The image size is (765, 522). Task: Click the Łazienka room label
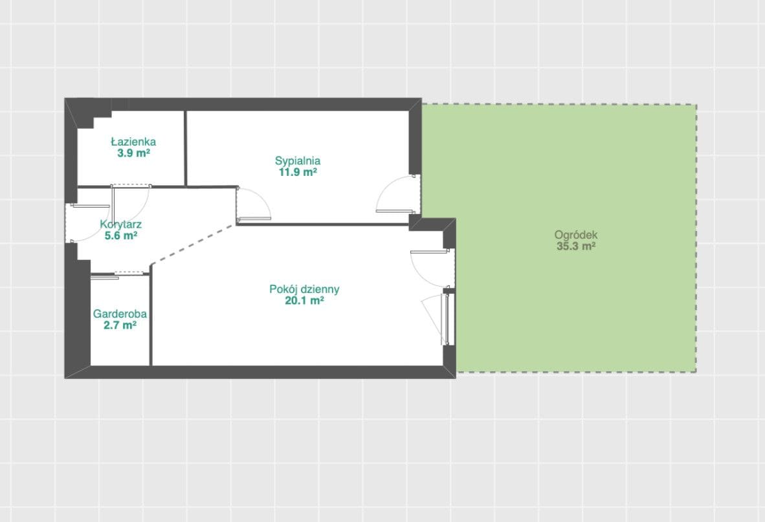tap(133, 142)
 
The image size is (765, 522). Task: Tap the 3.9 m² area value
tap(133, 153)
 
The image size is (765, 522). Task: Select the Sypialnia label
tap(298, 161)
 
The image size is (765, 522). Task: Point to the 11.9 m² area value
tap(298, 172)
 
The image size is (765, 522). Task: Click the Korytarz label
tap(120, 224)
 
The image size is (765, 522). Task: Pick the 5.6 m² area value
tap(120, 236)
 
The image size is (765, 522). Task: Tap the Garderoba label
tap(120, 314)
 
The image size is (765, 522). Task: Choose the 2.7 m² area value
tap(120, 325)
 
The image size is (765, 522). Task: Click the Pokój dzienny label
tap(304, 290)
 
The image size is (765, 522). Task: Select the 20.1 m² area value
tap(304, 301)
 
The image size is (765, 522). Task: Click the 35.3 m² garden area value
tap(576, 246)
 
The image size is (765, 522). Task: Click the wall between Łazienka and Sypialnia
tap(185, 148)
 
